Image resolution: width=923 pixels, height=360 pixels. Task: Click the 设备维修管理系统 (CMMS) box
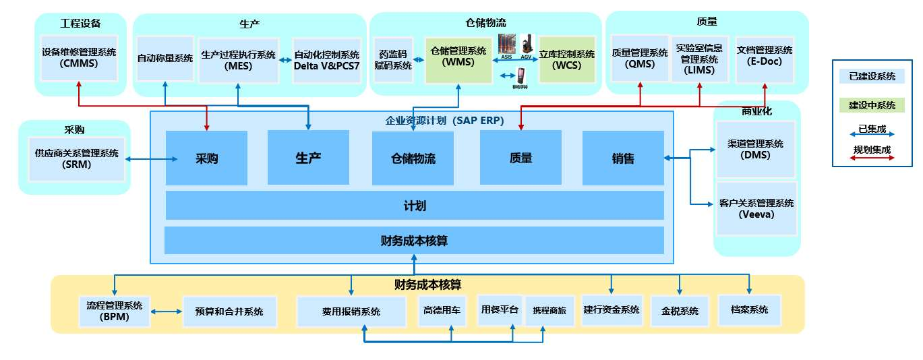[x=79, y=58]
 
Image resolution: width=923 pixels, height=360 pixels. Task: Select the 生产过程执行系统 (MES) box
[x=239, y=60]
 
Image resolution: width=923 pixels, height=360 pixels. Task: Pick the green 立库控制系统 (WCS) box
[x=567, y=60]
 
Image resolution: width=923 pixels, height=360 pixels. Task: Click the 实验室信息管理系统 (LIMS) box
[x=699, y=59]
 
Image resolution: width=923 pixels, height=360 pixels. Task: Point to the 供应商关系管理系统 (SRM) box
[x=76, y=158]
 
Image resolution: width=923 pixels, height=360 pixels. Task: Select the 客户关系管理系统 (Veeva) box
[x=756, y=208]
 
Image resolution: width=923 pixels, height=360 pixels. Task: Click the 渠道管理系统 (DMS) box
[x=756, y=149]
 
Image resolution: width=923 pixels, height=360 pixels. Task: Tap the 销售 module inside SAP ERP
[x=622, y=158]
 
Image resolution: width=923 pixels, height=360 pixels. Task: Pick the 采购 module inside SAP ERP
[x=206, y=158]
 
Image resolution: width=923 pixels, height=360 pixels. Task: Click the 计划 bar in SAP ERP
[x=414, y=206]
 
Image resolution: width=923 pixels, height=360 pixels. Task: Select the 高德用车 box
[x=442, y=311]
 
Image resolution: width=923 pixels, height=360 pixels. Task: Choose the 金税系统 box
[x=680, y=311]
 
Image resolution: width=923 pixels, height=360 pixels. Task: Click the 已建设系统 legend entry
[x=872, y=76]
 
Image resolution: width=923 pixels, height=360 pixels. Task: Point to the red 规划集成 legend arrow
[x=872, y=158]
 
